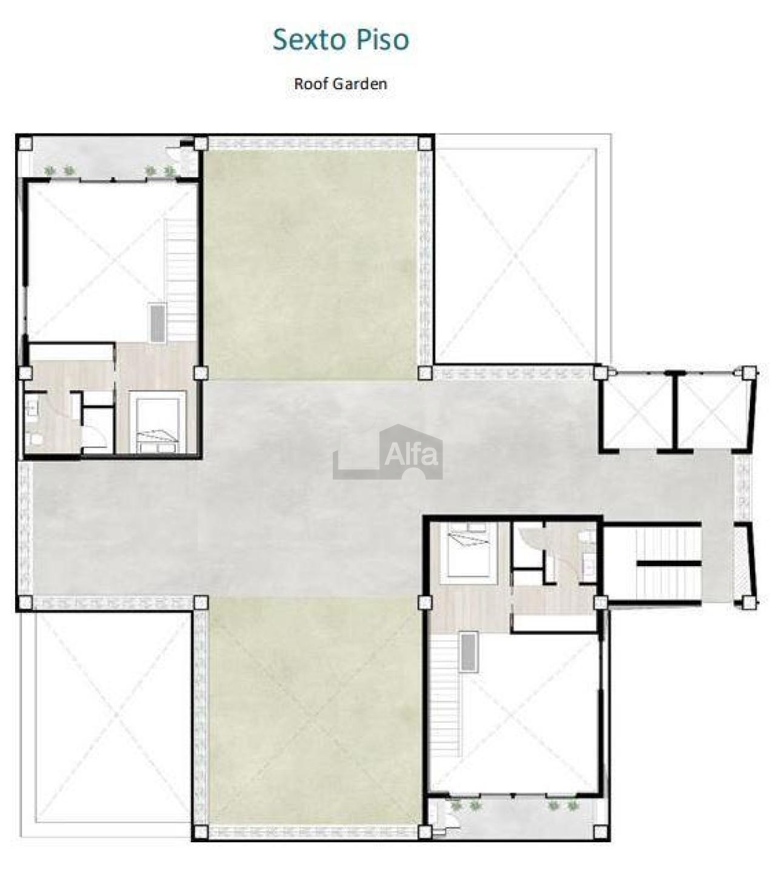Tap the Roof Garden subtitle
tap(340, 84)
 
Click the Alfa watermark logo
tap(387, 451)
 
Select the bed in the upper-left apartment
tap(158, 422)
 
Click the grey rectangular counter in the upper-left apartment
tap(157, 323)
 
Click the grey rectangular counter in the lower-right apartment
tap(469, 652)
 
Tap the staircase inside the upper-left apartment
tap(181, 280)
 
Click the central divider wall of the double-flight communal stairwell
tap(669, 563)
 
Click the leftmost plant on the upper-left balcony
tap(50, 171)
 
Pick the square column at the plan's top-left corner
tap(25, 143)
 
